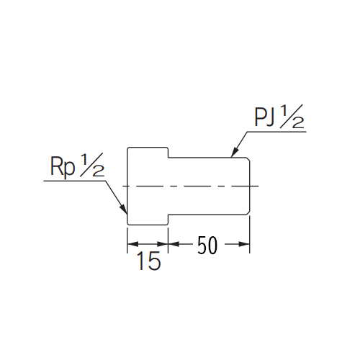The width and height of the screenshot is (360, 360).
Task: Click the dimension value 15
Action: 148,261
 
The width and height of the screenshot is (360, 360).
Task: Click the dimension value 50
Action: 207,245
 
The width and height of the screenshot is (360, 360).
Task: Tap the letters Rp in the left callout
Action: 63,167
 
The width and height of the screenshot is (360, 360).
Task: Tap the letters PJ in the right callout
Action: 264,117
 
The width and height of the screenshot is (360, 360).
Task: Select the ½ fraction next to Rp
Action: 92,165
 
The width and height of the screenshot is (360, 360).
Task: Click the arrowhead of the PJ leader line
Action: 235,152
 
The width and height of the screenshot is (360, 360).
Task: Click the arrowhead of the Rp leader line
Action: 123,209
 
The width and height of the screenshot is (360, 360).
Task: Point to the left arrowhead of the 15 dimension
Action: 132,244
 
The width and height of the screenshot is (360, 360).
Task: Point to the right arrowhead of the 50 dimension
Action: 244,244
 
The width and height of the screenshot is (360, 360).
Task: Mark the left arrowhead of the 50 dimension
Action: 174,244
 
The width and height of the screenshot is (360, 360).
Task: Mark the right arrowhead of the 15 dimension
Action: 162,244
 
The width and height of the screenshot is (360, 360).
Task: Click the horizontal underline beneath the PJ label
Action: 276,132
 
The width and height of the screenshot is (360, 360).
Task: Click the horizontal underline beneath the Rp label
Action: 75,181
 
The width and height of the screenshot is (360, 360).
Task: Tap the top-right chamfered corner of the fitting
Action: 248,159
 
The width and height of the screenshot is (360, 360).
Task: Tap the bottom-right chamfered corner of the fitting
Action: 248,213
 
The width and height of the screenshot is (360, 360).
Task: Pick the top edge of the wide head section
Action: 148,148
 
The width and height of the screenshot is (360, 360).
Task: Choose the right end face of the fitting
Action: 250,186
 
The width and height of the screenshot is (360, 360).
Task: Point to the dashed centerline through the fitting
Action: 191,186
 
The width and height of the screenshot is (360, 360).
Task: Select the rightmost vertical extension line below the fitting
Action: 250,235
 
